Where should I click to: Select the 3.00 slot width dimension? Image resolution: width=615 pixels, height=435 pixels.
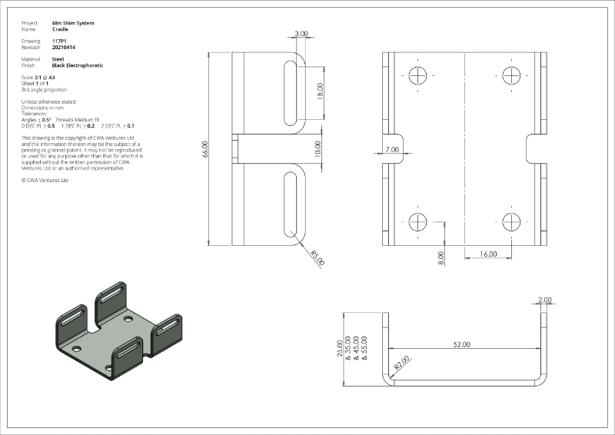coord(301,34)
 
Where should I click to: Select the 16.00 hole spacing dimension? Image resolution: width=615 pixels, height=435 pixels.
coord(487,254)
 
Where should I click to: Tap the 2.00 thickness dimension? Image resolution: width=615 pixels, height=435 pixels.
coord(545,301)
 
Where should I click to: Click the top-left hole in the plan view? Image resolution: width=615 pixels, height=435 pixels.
coord(418,75)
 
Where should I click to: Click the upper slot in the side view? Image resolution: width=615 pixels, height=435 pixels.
coord(290,93)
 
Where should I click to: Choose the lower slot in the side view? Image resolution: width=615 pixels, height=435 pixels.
coord(290,206)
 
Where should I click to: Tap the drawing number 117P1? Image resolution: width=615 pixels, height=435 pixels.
coord(59,41)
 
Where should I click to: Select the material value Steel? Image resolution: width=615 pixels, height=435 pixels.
coord(58,59)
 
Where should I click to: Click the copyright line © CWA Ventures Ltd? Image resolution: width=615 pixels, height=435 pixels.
coord(46,181)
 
